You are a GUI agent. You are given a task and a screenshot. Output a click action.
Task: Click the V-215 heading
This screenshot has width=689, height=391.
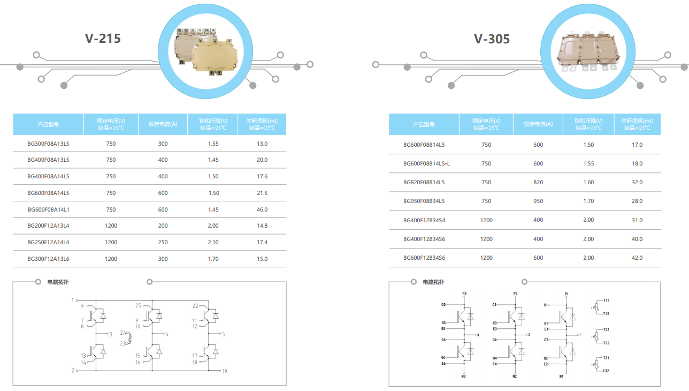[x=103, y=39]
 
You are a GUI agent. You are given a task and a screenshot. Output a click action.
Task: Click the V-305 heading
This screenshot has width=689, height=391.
[x=492, y=39]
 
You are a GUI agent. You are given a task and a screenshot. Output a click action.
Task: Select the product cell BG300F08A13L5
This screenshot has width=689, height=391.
[x=48, y=144]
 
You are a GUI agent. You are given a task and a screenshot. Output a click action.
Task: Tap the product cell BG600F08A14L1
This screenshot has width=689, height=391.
[x=48, y=209]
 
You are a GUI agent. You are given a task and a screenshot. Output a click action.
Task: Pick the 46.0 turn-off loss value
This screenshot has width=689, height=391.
[x=262, y=209]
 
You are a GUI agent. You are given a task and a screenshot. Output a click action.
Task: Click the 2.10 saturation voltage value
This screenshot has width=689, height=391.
[x=213, y=242]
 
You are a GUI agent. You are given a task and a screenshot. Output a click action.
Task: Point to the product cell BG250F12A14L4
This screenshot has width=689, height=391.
[x=48, y=242]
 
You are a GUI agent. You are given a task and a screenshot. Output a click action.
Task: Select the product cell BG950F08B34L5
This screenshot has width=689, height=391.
[x=424, y=201]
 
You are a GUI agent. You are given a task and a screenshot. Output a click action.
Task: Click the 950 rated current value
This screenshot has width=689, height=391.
[x=538, y=201]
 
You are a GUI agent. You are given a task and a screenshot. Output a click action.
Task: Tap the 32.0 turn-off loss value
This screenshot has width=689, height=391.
[x=637, y=182]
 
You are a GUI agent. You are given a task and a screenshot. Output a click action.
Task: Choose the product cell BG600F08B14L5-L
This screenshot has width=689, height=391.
[x=426, y=163]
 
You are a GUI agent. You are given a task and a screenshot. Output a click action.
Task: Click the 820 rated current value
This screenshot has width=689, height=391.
[x=538, y=182]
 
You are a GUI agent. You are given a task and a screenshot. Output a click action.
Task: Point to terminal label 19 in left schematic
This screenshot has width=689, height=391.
[x=225, y=371]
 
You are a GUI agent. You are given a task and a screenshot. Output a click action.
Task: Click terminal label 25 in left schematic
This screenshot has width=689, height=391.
[x=138, y=306]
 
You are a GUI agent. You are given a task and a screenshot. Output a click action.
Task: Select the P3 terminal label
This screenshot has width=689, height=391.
[x=464, y=294]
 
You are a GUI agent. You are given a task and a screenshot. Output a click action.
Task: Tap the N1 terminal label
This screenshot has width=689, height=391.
[x=562, y=377]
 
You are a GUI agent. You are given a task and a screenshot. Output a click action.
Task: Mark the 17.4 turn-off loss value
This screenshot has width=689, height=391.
[x=262, y=242]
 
